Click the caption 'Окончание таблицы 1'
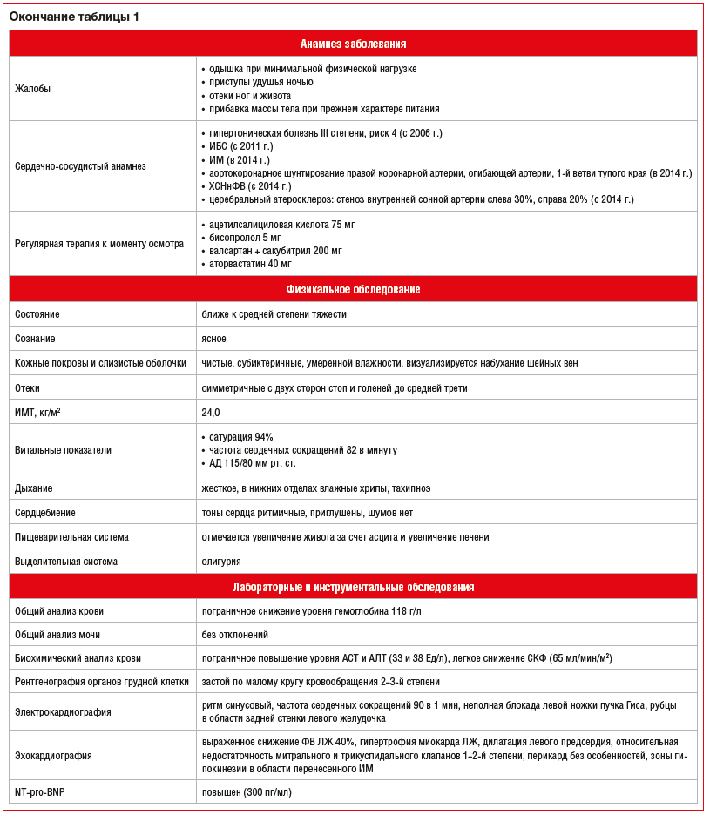73,17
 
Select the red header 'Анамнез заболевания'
353,44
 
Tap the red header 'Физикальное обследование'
353,289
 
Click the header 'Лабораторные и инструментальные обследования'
353,587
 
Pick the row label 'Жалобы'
33,89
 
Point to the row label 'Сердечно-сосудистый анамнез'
81,166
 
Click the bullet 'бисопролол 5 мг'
248,238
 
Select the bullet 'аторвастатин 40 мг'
253,263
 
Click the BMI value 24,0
211,412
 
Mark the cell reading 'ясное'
214,339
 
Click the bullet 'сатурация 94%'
241,437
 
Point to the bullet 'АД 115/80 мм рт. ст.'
256,463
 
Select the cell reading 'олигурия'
221,562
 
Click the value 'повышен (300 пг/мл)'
247,792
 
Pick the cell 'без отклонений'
234,635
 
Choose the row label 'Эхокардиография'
54,756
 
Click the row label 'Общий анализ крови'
59,611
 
